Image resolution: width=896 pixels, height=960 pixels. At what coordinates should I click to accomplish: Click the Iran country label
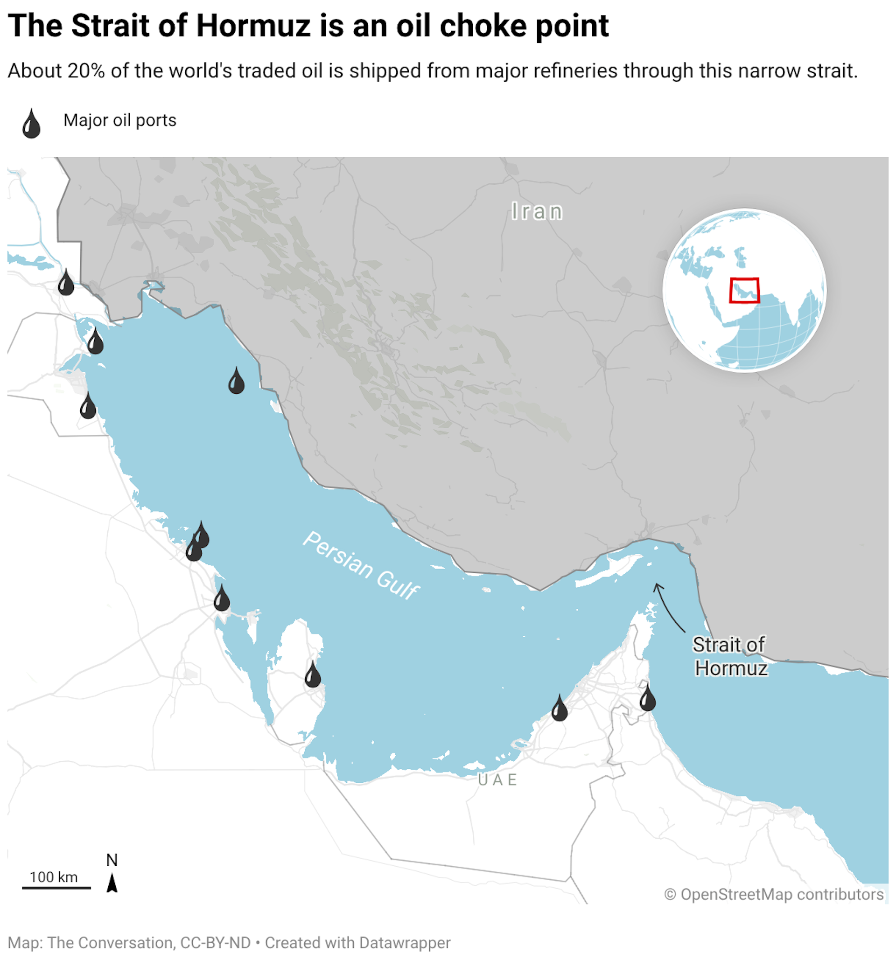pyautogui.click(x=537, y=211)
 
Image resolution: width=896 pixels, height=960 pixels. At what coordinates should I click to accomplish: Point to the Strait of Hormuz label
pyautogui.click(x=729, y=656)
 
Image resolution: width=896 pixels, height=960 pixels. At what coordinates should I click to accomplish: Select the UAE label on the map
pyautogui.click(x=497, y=780)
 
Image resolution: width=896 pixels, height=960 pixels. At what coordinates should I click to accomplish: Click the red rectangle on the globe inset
pyautogui.click(x=744, y=290)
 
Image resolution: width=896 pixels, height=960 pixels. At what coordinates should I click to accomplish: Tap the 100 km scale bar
pyautogui.click(x=56, y=887)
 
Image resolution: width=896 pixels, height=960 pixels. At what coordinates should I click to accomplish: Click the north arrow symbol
pyautogui.click(x=112, y=882)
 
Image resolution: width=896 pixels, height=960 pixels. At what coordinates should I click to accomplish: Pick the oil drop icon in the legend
pyautogui.click(x=31, y=124)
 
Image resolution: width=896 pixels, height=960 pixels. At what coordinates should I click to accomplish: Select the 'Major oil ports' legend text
pyautogui.click(x=120, y=120)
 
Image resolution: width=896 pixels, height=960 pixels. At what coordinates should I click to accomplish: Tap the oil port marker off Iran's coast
pyautogui.click(x=236, y=382)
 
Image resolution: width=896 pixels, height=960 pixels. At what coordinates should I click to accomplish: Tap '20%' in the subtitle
pyautogui.click(x=86, y=71)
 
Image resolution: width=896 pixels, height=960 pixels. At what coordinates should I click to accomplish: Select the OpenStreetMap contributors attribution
pyautogui.click(x=774, y=894)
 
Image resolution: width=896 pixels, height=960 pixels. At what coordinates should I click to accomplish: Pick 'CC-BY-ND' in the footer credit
pyautogui.click(x=215, y=943)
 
